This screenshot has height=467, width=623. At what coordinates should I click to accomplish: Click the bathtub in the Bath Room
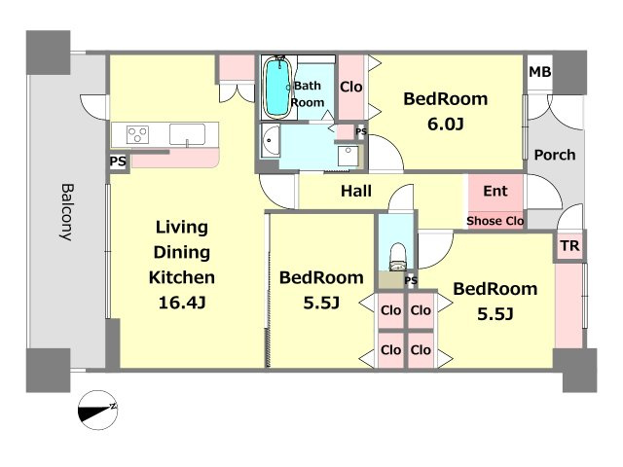coord(276,88)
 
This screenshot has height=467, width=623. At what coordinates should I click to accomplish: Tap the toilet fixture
coord(397,257)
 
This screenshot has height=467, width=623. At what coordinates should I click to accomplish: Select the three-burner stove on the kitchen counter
coord(137,134)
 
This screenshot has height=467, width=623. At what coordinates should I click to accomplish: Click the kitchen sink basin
coord(187,134)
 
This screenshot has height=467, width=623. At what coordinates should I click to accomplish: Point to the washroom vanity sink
coord(271,141)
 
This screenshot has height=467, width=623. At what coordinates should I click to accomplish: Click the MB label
coord(540,72)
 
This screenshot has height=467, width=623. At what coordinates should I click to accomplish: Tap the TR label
coord(570,246)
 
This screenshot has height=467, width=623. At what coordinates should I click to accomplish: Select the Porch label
coord(555,155)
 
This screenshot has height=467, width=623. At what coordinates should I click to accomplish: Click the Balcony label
coord(67,212)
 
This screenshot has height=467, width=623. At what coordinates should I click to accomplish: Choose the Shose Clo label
coord(495,221)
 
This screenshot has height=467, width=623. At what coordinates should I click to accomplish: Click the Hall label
coord(356,191)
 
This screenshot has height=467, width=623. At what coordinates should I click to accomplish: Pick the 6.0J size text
coord(446,125)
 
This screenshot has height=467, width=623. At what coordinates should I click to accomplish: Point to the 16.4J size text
coord(182,303)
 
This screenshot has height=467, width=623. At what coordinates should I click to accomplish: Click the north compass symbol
coord(97,410)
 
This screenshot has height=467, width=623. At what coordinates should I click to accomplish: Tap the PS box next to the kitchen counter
coord(118,162)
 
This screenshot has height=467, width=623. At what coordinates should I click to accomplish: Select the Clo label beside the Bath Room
coord(350,87)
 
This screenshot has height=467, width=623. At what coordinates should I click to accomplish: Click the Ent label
coord(495,191)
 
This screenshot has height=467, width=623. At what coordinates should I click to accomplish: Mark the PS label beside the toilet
coord(411,281)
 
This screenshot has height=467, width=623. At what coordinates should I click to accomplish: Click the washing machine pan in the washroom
coord(348,156)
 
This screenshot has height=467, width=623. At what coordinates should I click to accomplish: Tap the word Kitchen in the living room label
coord(182,277)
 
